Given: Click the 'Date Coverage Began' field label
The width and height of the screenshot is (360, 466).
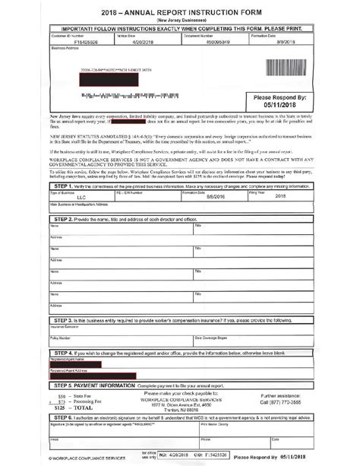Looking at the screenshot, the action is [213, 337].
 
